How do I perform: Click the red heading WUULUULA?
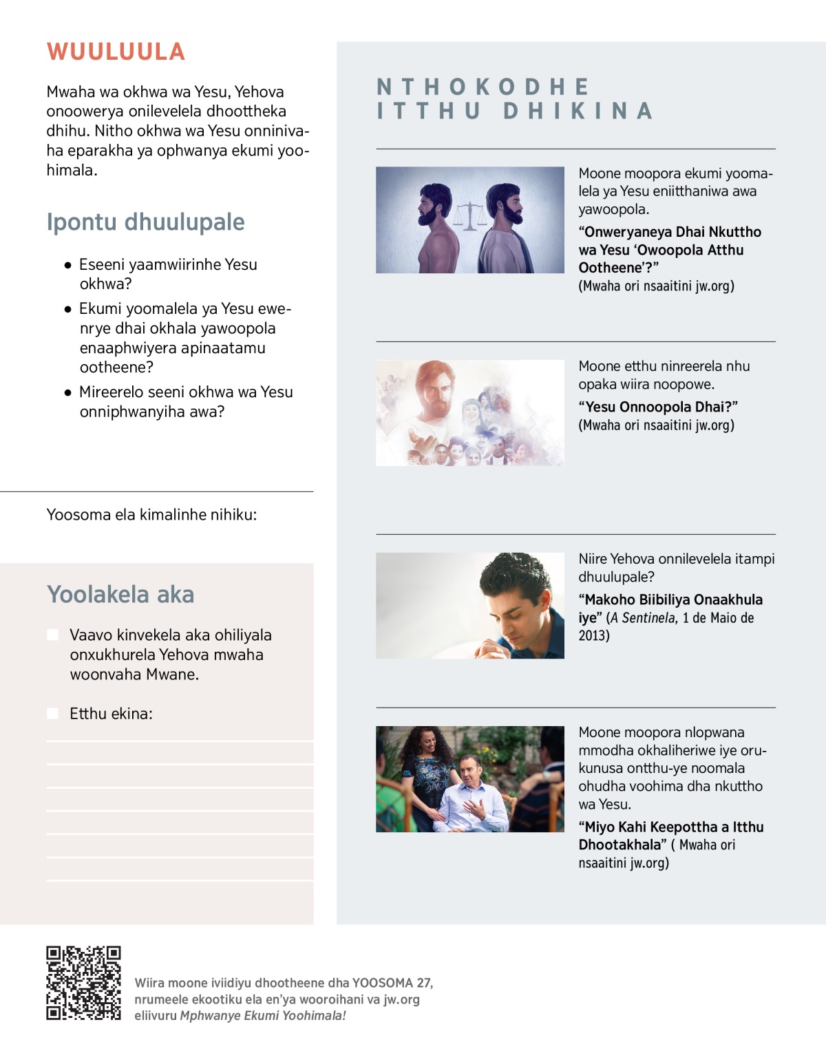116,52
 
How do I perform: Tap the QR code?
83,983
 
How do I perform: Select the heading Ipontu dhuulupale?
145,222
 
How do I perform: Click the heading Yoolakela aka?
120,595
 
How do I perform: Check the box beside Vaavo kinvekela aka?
53,635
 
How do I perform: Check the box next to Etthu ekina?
53,713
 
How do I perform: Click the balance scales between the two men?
469,215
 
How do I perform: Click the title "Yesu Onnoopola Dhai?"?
658,407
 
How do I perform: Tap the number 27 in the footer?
424,983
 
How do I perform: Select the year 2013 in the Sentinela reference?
593,635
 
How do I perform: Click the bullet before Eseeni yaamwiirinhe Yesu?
67,265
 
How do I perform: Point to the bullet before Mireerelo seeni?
67,392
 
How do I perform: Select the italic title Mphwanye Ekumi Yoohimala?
262,1016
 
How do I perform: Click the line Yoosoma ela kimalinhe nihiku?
151,515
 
